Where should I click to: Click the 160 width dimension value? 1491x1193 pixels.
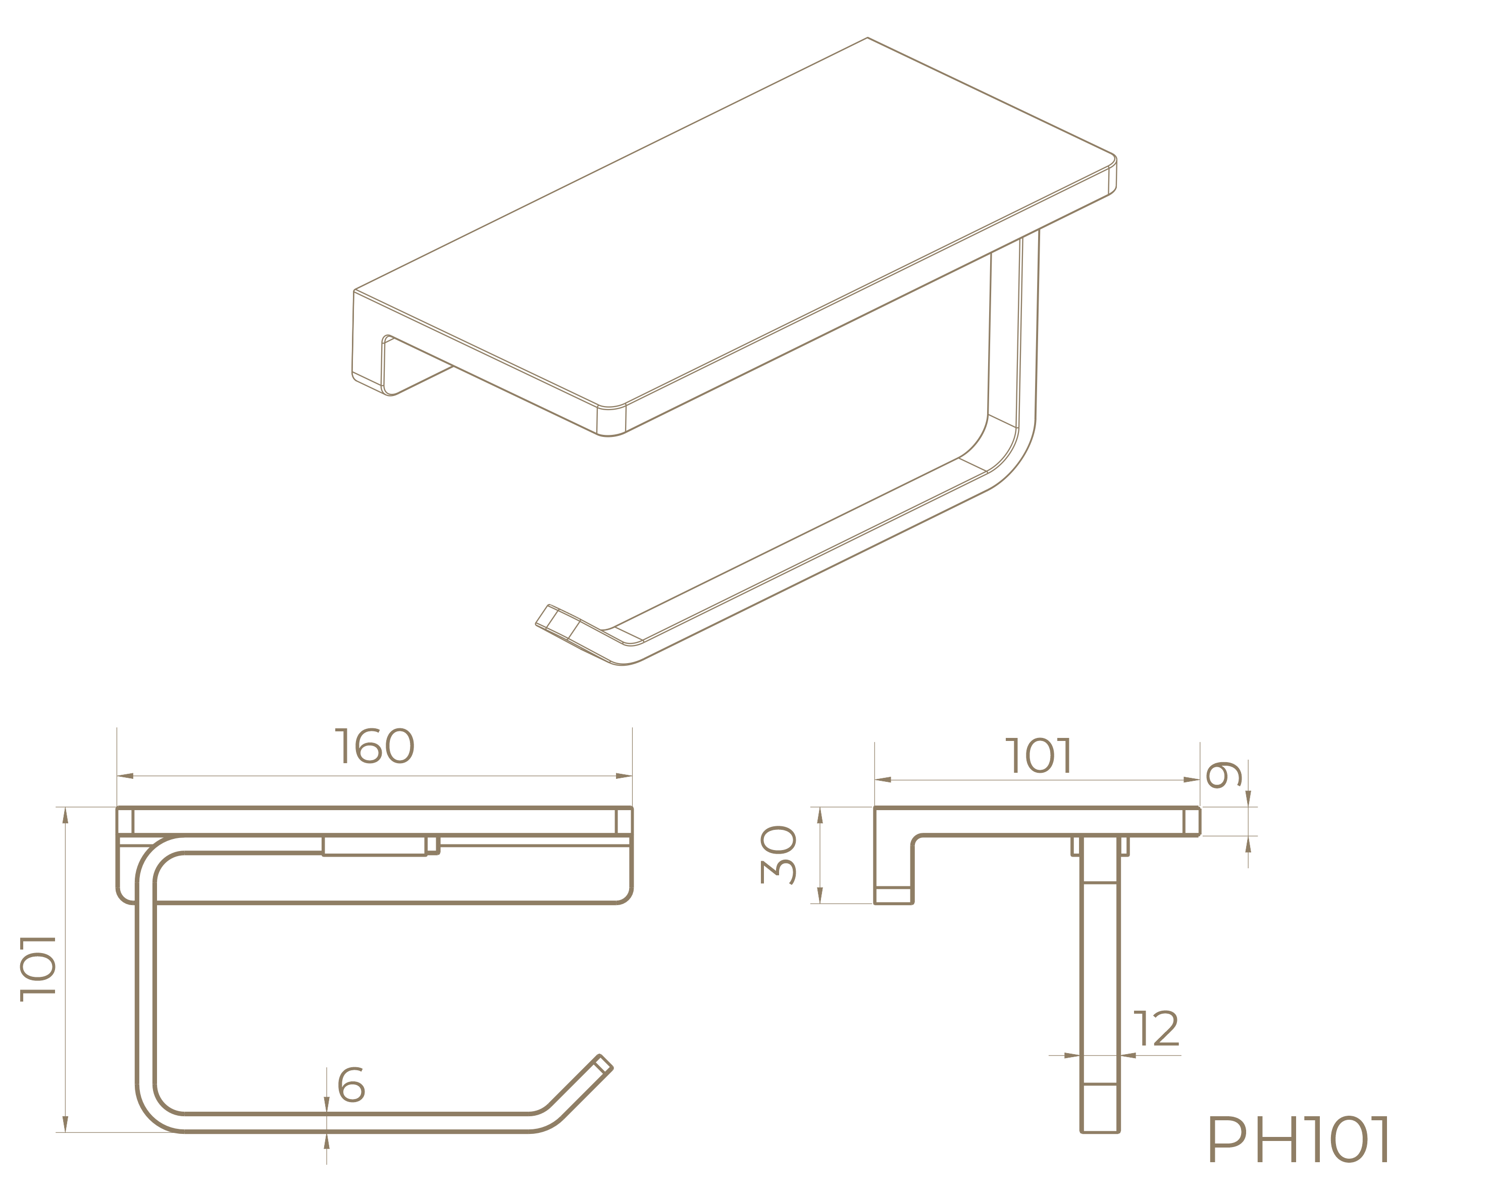click(x=374, y=746)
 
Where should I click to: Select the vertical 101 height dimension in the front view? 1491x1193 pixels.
click(x=38, y=969)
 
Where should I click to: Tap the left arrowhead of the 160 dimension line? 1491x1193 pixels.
click(x=125, y=776)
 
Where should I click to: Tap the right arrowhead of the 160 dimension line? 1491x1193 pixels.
click(x=624, y=776)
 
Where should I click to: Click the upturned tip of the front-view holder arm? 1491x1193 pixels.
click(x=603, y=1062)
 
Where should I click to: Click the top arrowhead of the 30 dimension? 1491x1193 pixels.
click(x=820, y=815)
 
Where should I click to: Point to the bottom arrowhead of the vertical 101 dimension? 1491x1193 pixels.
click(x=65, y=1124)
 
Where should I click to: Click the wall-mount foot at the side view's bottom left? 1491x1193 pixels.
click(x=894, y=895)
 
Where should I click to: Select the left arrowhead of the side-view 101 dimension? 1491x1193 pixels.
click(x=883, y=780)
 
